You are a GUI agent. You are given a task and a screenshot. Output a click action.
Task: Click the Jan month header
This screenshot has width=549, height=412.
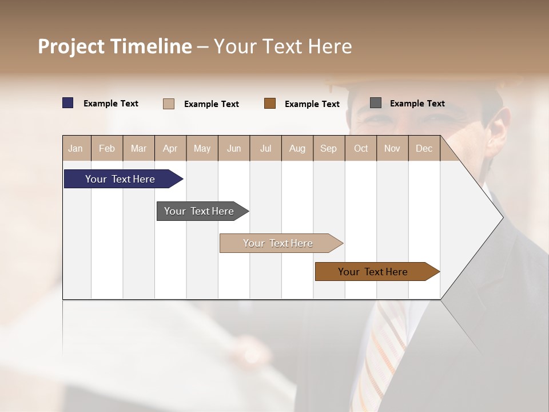point(75,148)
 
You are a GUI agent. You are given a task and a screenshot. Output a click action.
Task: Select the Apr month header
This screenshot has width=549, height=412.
point(170,148)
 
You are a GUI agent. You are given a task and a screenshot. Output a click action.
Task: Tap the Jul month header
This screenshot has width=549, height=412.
point(265,148)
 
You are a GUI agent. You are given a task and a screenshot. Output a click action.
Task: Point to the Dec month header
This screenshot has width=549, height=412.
point(424,148)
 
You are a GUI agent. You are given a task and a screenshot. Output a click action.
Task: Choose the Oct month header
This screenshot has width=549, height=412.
point(360,148)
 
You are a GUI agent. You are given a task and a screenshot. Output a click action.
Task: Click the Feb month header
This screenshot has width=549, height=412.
point(107,148)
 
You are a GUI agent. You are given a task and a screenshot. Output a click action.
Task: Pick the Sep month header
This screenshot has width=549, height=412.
point(328,148)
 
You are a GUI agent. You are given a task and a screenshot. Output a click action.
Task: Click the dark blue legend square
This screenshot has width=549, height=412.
point(68,103)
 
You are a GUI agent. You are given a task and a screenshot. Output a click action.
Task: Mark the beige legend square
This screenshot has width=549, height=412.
point(169,104)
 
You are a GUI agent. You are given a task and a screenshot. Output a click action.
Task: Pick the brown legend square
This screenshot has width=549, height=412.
point(270,104)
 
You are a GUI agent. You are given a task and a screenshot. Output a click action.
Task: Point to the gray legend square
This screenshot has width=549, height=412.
point(376,103)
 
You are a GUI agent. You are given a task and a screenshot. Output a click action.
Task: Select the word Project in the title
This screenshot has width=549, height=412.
point(71,46)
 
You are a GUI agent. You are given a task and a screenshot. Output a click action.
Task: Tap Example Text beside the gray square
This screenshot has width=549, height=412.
point(417,103)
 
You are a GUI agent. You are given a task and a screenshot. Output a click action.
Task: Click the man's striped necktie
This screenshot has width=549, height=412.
point(380,355)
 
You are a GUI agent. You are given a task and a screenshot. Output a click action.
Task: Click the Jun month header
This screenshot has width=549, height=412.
point(233,148)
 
